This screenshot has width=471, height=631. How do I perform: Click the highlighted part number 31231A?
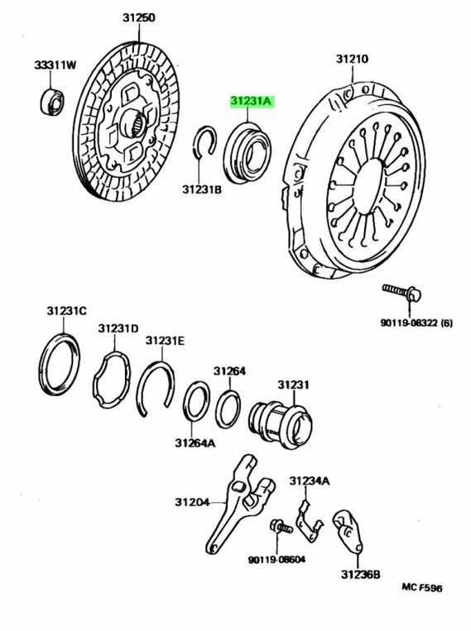253,101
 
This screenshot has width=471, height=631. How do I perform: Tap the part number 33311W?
55,65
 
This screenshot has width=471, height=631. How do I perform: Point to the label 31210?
352,60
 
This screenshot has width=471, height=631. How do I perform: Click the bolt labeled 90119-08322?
402,291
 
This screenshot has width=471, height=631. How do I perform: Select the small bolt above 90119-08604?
278,526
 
